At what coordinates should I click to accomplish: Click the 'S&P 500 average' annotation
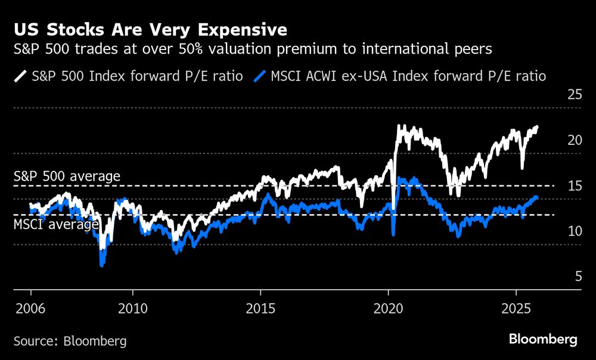coord(67,176)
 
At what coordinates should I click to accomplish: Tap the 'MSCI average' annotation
coord(56,225)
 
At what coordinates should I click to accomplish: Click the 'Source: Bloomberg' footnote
coord(70,341)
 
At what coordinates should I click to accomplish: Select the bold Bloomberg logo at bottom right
coord(543,340)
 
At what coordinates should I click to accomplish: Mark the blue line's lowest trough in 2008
coord(102,265)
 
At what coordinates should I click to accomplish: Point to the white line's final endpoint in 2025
coord(537,127)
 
